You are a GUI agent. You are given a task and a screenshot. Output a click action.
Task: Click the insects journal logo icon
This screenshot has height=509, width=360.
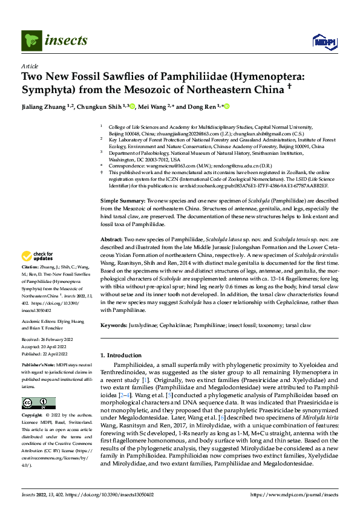(30, 41)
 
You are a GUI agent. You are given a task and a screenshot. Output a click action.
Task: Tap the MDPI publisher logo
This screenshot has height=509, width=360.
(322, 41)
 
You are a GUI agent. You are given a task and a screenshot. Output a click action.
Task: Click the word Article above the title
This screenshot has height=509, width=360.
(30, 66)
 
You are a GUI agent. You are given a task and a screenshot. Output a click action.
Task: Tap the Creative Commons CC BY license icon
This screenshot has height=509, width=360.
(38, 403)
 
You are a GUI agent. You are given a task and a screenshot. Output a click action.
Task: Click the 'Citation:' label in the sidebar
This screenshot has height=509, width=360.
(31, 284)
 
